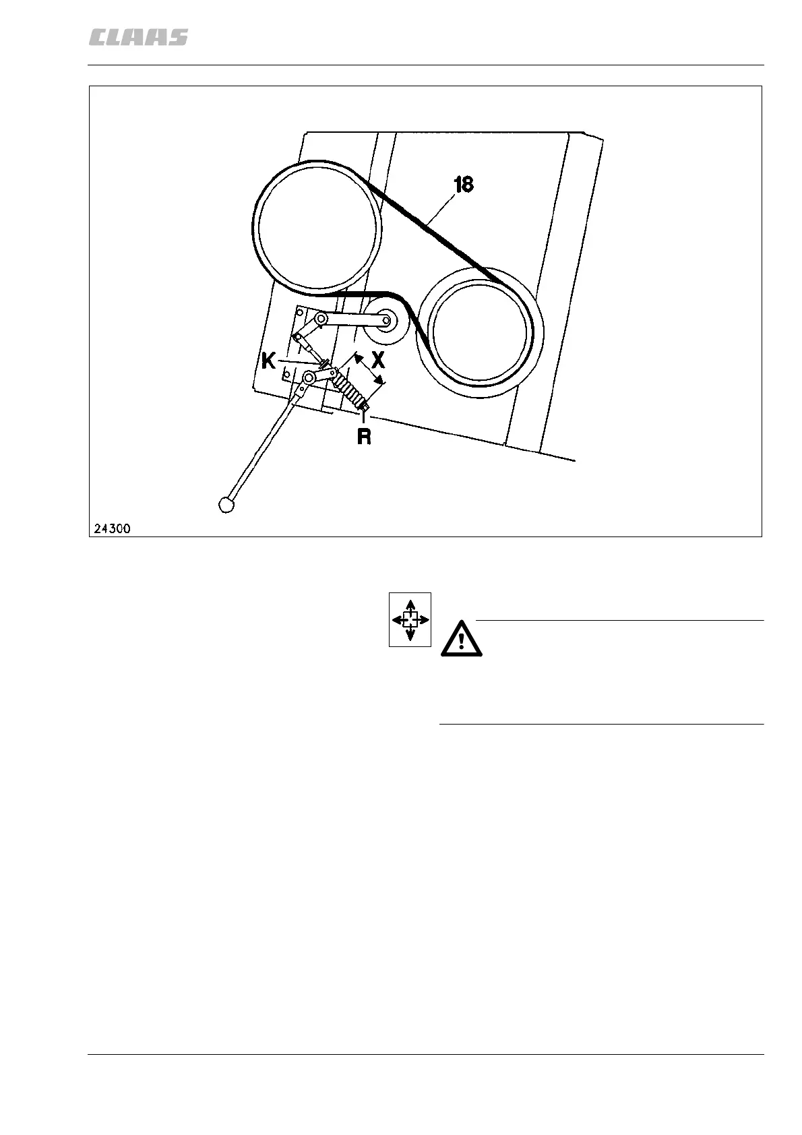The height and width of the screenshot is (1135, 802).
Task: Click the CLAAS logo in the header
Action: click(x=138, y=38)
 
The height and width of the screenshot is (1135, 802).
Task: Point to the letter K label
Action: click(x=269, y=362)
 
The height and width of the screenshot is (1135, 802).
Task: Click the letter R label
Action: click(x=364, y=437)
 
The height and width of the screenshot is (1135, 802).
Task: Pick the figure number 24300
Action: click(x=112, y=528)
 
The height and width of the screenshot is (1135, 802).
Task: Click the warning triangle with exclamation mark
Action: click(x=462, y=638)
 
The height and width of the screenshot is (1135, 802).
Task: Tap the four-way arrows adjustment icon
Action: click(x=410, y=619)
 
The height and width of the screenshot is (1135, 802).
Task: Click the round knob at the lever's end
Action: click(x=226, y=503)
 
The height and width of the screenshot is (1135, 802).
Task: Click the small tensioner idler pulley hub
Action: click(x=386, y=321)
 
